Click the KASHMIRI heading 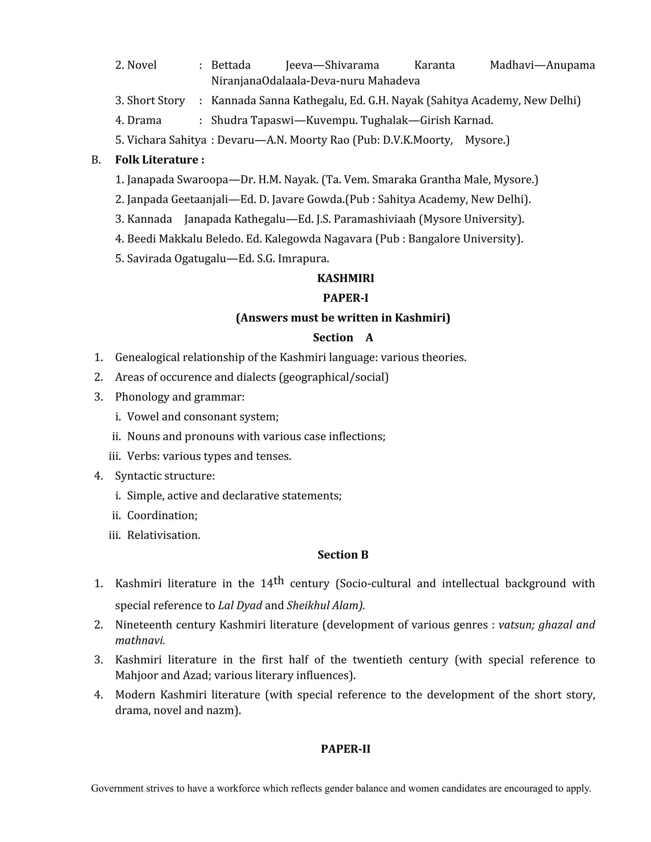pyautogui.click(x=345, y=278)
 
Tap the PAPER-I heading pyautogui.click(x=345, y=298)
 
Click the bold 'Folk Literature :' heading pyautogui.click(x=160, y=160)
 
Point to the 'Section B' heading pyautogui.click(x=343, y=555)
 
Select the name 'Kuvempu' pyautogui.click(x=326, y=120)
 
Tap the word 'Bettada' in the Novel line pyautogui.click(x=231, y=65)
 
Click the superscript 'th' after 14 pyautogui.click(x=278, y=580)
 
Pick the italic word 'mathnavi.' pyautogui.click(x=140, y=640)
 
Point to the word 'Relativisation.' pyautogui.click(x=163, y=535)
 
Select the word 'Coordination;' pyautogui.click(x=162, y=515)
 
